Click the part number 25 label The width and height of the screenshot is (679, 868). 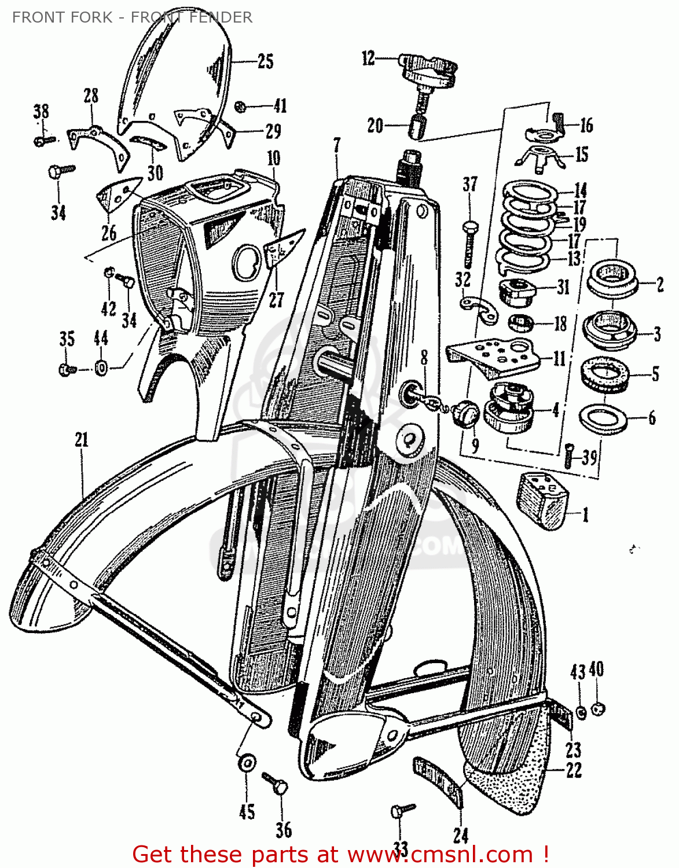265,62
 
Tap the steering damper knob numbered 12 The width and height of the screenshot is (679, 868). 427,72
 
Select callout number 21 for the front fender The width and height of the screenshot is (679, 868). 82,440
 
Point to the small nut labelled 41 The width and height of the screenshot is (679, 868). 240,107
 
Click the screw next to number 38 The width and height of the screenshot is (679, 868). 45,141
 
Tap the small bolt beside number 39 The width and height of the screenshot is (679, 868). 569,457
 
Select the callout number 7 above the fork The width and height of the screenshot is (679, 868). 337,145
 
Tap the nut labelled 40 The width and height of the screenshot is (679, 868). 598,709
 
